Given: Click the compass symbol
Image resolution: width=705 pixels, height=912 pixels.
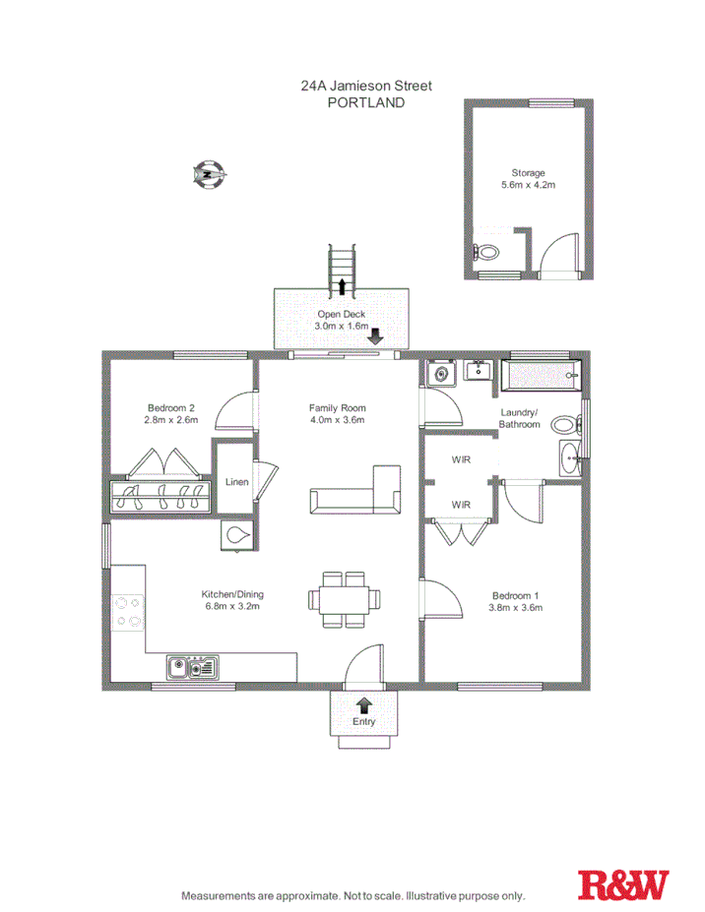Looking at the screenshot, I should coord(210,175).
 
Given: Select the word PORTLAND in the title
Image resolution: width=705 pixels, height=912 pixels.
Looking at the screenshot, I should coord(365,101).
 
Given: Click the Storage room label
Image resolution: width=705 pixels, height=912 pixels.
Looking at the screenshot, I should coord(528,173).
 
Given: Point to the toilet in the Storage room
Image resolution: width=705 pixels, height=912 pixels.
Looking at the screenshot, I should coord(486,252).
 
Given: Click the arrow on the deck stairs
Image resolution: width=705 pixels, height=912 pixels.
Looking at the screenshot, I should coord(342,286).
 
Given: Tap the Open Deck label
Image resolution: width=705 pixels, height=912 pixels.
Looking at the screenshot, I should coord(342,314).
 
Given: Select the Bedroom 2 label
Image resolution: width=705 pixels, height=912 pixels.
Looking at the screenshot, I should coord(171,408).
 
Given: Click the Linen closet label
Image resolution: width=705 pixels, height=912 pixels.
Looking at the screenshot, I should coord(237,482).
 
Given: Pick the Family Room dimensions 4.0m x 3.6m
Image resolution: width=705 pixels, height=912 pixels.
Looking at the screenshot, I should coord(338,420).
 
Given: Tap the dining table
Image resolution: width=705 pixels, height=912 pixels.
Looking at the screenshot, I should coord(343,598).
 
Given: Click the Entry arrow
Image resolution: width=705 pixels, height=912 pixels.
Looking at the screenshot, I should coord(364,703).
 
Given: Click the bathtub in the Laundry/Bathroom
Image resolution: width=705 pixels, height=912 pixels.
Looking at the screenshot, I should coord(541,375).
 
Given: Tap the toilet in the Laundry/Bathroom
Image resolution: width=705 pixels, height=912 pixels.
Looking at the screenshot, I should coord(564,425).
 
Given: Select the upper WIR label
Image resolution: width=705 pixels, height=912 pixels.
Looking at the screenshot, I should coord(461,459).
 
